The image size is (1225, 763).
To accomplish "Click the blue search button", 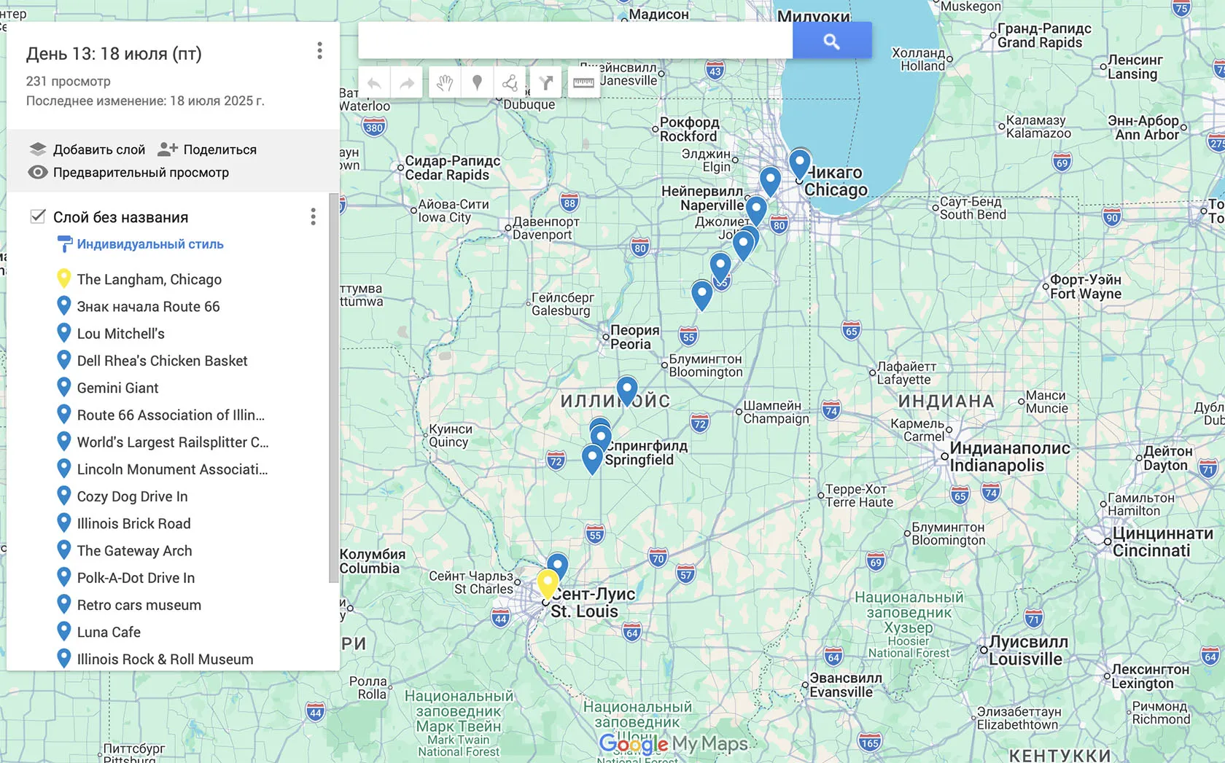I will (x=832, y=41).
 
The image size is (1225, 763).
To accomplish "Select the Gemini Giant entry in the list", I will (x=117, y=388).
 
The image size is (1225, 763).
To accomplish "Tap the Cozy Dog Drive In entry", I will (x=132, y=496).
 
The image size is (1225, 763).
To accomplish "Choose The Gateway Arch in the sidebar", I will (x=134, y=551).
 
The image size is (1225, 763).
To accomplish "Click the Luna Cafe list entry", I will (x=109, y=632).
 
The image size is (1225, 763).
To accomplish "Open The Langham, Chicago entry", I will (x=149, y=279).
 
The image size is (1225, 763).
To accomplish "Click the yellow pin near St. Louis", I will (x=548, y=584).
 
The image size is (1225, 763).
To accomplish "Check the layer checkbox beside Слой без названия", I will (x=38, y=216).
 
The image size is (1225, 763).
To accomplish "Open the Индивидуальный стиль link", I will (x=149, y=244).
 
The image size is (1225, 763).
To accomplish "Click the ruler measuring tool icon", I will (x=583, y=82).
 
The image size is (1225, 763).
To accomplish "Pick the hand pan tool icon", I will (x=445, y=82).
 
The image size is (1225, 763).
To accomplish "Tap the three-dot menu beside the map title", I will (x=319, y=51).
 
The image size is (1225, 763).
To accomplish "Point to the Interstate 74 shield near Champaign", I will (x=831, y=410).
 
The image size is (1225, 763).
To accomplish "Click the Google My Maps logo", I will (x=673, y=744).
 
